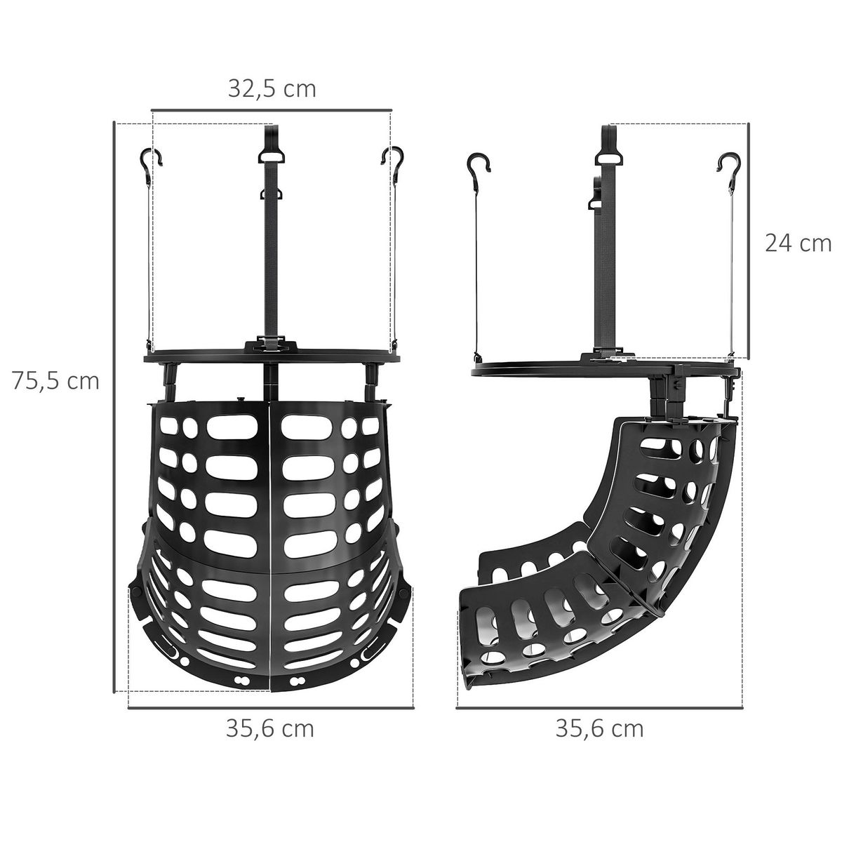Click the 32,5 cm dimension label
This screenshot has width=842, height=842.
pos(272,89)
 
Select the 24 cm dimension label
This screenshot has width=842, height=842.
pos(798,243)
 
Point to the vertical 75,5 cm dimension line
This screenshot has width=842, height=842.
pos(114,407)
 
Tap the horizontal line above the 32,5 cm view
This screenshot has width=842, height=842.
pos(271,110)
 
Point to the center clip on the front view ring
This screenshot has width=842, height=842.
pos(271,346)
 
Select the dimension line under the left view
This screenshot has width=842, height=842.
pos(269,709)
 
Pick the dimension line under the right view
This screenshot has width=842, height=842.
pos(599,709)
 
